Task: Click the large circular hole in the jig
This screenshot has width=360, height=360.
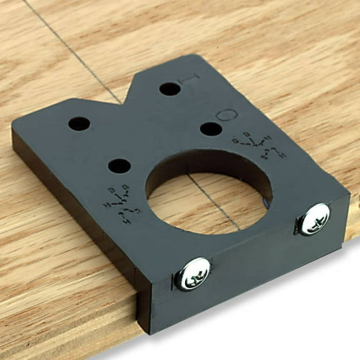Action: [x=208, y=192]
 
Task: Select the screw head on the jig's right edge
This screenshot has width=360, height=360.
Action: [x=314, y=219]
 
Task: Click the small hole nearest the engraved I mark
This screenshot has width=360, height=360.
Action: [x=169, y=89]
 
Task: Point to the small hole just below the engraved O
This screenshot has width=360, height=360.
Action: [x=211, y=129]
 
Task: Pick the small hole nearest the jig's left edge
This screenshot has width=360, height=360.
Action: [x=79, y=124]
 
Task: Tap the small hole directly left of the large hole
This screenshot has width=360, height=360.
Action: [x=119, y=166]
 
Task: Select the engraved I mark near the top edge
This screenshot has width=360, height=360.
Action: [x=191, y=80]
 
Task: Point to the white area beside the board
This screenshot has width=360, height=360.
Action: [x=281, y=312]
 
